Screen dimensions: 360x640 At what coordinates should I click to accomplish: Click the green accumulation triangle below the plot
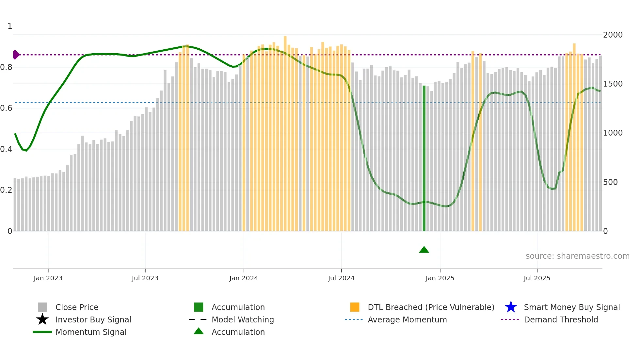click(x=424, y=250)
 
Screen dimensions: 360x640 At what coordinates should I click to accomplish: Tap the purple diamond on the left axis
click(x=16, y=55)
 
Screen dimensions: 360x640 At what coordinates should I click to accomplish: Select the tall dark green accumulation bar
click(x=424, y=158)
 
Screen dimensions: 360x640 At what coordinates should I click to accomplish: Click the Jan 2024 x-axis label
click(x=244, y=278)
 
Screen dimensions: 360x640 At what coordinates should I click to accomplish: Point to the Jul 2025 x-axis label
click(x=537, y=278)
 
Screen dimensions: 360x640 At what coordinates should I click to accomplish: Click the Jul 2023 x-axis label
click(x=145, y=278)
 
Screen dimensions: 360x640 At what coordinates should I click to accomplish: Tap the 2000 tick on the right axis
click(x=613, y=35)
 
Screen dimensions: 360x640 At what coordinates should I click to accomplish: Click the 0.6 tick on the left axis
click(x=6, y=108)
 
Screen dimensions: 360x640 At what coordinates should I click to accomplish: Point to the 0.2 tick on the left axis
click(x=6, y=190)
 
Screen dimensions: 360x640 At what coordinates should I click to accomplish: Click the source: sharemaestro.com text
click(x=577, y=256)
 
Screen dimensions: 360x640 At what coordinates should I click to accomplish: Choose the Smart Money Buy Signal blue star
click(x=511, y=307)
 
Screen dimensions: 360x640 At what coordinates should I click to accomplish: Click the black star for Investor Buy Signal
click(x=42, y=319)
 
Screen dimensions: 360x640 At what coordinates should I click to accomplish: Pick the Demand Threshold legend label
click(x=561, y=319)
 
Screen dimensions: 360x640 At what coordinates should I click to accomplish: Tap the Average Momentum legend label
click(x=407, y=319)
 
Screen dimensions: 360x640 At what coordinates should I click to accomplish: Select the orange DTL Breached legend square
click(x=355, y=307)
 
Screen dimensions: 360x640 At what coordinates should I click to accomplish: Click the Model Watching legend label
click(x=243, y=319)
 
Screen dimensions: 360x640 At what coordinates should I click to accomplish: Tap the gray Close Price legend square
click(x=42, y=307)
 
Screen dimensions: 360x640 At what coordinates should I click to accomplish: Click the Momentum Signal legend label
click(x=91, y=332)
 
